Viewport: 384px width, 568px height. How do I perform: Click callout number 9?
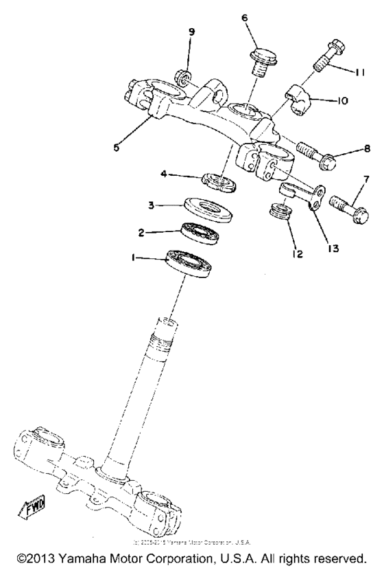[191, 32]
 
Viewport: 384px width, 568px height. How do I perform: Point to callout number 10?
[341, 100]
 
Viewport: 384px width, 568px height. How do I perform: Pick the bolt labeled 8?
[316, 153]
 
